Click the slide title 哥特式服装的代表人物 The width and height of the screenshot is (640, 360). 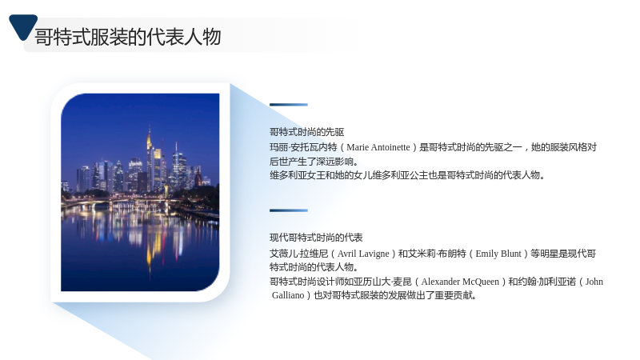(x=128, y=37)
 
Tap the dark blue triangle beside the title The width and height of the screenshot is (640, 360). (x=23, y=26)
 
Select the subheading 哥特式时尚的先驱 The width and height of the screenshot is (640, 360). (x=307, y=132)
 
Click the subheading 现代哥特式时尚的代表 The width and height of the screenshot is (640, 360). (x=316, y=238)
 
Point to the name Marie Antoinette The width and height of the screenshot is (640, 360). (x=378, y=147)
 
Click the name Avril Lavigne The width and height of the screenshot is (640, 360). (x=363, y=254)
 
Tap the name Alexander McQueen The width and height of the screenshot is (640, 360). (x=460, y=282)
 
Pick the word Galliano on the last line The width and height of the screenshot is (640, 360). (x=288, y=295)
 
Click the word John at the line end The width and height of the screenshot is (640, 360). (x=594, y=282)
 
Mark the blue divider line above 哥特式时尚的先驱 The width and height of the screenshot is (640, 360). (x=289, y=105)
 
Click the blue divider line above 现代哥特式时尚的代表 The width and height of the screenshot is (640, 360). (x=289, y=210)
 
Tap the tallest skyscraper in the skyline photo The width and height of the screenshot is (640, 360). (x=150, y=159)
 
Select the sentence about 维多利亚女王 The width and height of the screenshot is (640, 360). (x=407, y=175)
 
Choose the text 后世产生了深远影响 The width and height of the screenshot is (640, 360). (x=312, y=162)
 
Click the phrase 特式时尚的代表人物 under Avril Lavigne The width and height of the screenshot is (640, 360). (x=312, y=267)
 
